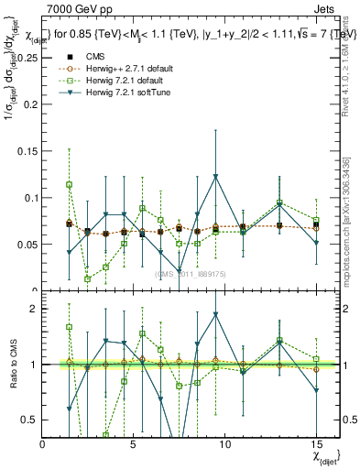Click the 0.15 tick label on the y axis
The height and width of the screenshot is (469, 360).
[27, 150]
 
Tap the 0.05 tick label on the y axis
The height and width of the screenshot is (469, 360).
[27, 245]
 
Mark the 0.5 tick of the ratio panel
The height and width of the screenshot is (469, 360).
[30, 420]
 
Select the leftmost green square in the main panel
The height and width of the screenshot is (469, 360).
[69, 184]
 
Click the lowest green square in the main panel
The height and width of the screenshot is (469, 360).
[88, 278]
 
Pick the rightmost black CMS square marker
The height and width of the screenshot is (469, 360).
[316, 224]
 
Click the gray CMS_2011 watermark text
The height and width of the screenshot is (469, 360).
[193, 274]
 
